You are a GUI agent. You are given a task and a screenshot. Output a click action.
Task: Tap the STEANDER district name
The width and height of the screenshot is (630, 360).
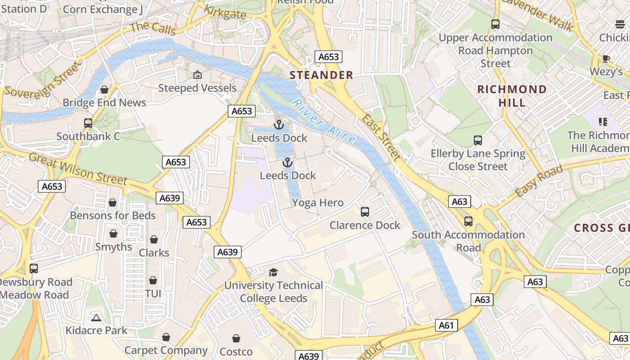[x=321, y=75]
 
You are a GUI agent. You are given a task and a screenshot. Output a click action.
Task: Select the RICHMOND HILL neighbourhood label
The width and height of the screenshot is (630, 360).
[x=512, y=96]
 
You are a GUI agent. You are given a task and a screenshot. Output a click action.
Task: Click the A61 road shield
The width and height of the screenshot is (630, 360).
[x=446, y=325]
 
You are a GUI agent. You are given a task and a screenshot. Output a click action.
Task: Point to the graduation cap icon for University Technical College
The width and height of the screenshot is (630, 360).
[x=273, y=272]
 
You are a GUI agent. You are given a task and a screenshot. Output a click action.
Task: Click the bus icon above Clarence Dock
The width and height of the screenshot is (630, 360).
[x=365, y=211]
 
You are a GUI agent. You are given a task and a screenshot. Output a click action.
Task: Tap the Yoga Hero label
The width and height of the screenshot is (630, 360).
[x=318, y=202]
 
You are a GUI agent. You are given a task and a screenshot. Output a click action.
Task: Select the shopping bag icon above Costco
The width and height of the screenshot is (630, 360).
[x=236, y=338]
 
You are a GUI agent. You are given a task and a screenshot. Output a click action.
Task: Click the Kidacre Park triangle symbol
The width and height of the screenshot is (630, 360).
[x=96, y=318]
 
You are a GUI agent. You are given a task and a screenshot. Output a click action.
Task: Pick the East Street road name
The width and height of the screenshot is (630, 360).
[x=381, y=137]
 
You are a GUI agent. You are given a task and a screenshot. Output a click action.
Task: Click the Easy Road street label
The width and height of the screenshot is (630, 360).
[x=539, y=181]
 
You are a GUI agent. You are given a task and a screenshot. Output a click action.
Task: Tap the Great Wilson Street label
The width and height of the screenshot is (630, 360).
[x=78, y=169]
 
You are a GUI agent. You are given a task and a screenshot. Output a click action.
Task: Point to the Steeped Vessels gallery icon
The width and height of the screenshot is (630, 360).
[x=197, y=75]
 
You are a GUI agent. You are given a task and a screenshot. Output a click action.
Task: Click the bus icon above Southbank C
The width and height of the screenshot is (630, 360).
[x=88, y=123]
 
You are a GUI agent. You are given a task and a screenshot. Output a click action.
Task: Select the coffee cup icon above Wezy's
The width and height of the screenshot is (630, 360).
[x=606, y=58]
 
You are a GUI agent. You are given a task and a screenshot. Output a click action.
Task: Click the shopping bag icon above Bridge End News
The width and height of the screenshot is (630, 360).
[x=104, y=90]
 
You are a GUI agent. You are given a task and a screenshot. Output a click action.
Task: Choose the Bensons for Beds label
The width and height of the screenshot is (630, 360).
[x=112, y=216]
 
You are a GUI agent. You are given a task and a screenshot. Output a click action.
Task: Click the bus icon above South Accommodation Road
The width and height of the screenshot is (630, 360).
[x=468, y=221]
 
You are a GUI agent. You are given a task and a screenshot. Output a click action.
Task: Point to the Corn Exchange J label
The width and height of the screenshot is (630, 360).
[x=103, y=9]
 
